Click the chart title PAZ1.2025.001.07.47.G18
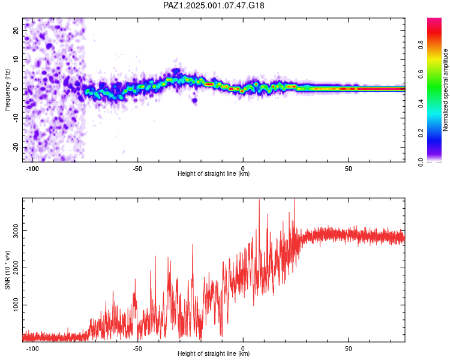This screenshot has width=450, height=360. coord(214,5)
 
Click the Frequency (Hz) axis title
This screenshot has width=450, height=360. coord(7,90)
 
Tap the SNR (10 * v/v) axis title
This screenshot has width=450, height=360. coord(7,270)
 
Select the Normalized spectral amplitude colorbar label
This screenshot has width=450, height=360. coord(445,90)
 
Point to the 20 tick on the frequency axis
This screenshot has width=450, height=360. coord(16,30)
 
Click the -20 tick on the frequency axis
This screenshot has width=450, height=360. coord(16,147)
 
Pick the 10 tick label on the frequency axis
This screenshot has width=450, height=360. coord(16,59)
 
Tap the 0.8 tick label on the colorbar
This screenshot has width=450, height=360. coord(421,45)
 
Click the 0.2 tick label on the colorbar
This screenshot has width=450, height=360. coord(421,133)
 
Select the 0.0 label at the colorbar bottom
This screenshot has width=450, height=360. coord(421,163)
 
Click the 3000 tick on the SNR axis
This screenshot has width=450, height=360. coord(16,231)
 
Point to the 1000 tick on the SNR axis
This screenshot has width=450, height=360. coord(16,305)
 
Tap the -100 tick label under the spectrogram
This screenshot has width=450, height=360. coord(32,169)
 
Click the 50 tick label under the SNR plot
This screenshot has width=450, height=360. coord(348,349)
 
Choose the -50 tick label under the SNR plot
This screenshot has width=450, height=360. coord(137,349)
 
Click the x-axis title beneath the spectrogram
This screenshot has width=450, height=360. coord(214,173)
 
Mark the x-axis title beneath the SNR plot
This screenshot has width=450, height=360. coord(214,353)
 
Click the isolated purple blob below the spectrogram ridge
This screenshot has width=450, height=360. coord(194,100)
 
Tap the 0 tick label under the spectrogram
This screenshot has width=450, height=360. coord(243,169)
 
